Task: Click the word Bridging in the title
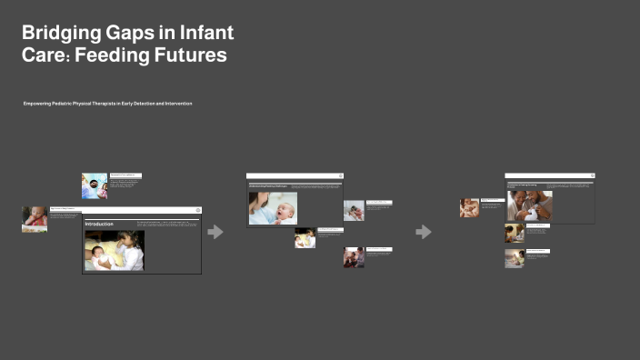coord(60,34)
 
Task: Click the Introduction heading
coord(99,223)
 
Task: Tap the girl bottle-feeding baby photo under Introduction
coord(114,250)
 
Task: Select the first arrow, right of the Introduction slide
coord(215,232)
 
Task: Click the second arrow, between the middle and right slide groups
coord(424,232)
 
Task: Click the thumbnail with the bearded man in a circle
coord(94,186)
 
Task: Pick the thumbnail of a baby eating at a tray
coord(35,219)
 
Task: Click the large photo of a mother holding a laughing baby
coord(273,208)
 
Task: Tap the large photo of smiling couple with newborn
coord(530,205)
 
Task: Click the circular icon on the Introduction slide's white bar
coord(197,210)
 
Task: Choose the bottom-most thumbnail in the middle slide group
coord(354,257)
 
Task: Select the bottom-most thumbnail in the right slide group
coord(515,258)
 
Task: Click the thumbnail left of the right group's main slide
coord(469,207)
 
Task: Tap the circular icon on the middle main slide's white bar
coord(340,175)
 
